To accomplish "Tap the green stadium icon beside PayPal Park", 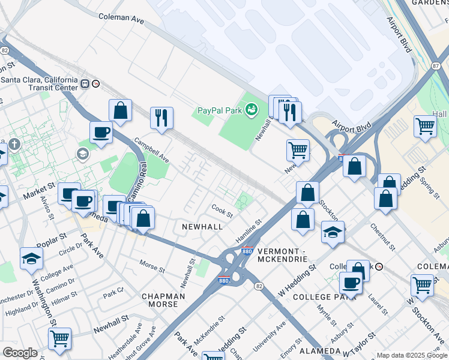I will click(252, 109).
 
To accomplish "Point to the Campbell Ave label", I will click(152, 152).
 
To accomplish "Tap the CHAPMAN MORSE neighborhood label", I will click(160, 300).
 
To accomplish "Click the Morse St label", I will click(152, 265).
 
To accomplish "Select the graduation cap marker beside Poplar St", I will click(32, 259).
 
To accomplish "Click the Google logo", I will click(20, 353).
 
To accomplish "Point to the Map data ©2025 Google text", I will click(412, 355).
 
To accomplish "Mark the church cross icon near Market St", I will click(14, 145).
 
